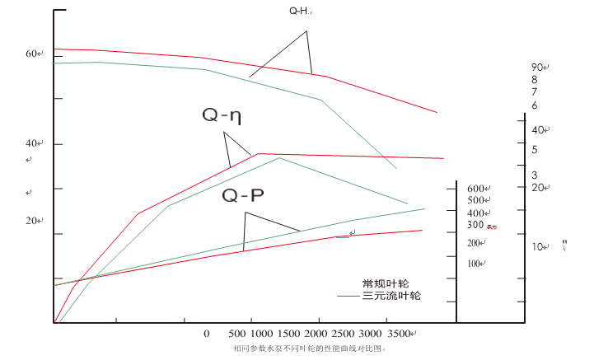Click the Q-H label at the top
(x=300, y=11)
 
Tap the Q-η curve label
(x=222, y=116)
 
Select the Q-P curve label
(x=243, y=195)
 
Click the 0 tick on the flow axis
(x=207, y=334)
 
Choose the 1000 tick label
(x=260, y=334)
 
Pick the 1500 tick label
(x=288, y=334)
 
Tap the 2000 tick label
(x=317, y=334)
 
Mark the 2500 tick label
(x=345, y=334)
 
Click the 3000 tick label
(x=372, y=334)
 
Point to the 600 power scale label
(x=477, y=189)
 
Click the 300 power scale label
(x=475, y=225)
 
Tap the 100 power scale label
(x=475, y=264)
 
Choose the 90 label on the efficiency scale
(x=536, y=67)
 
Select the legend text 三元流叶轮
(x=391, y=295)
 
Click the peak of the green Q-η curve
(x=279, y=157)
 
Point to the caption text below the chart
(x=310, y=348)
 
